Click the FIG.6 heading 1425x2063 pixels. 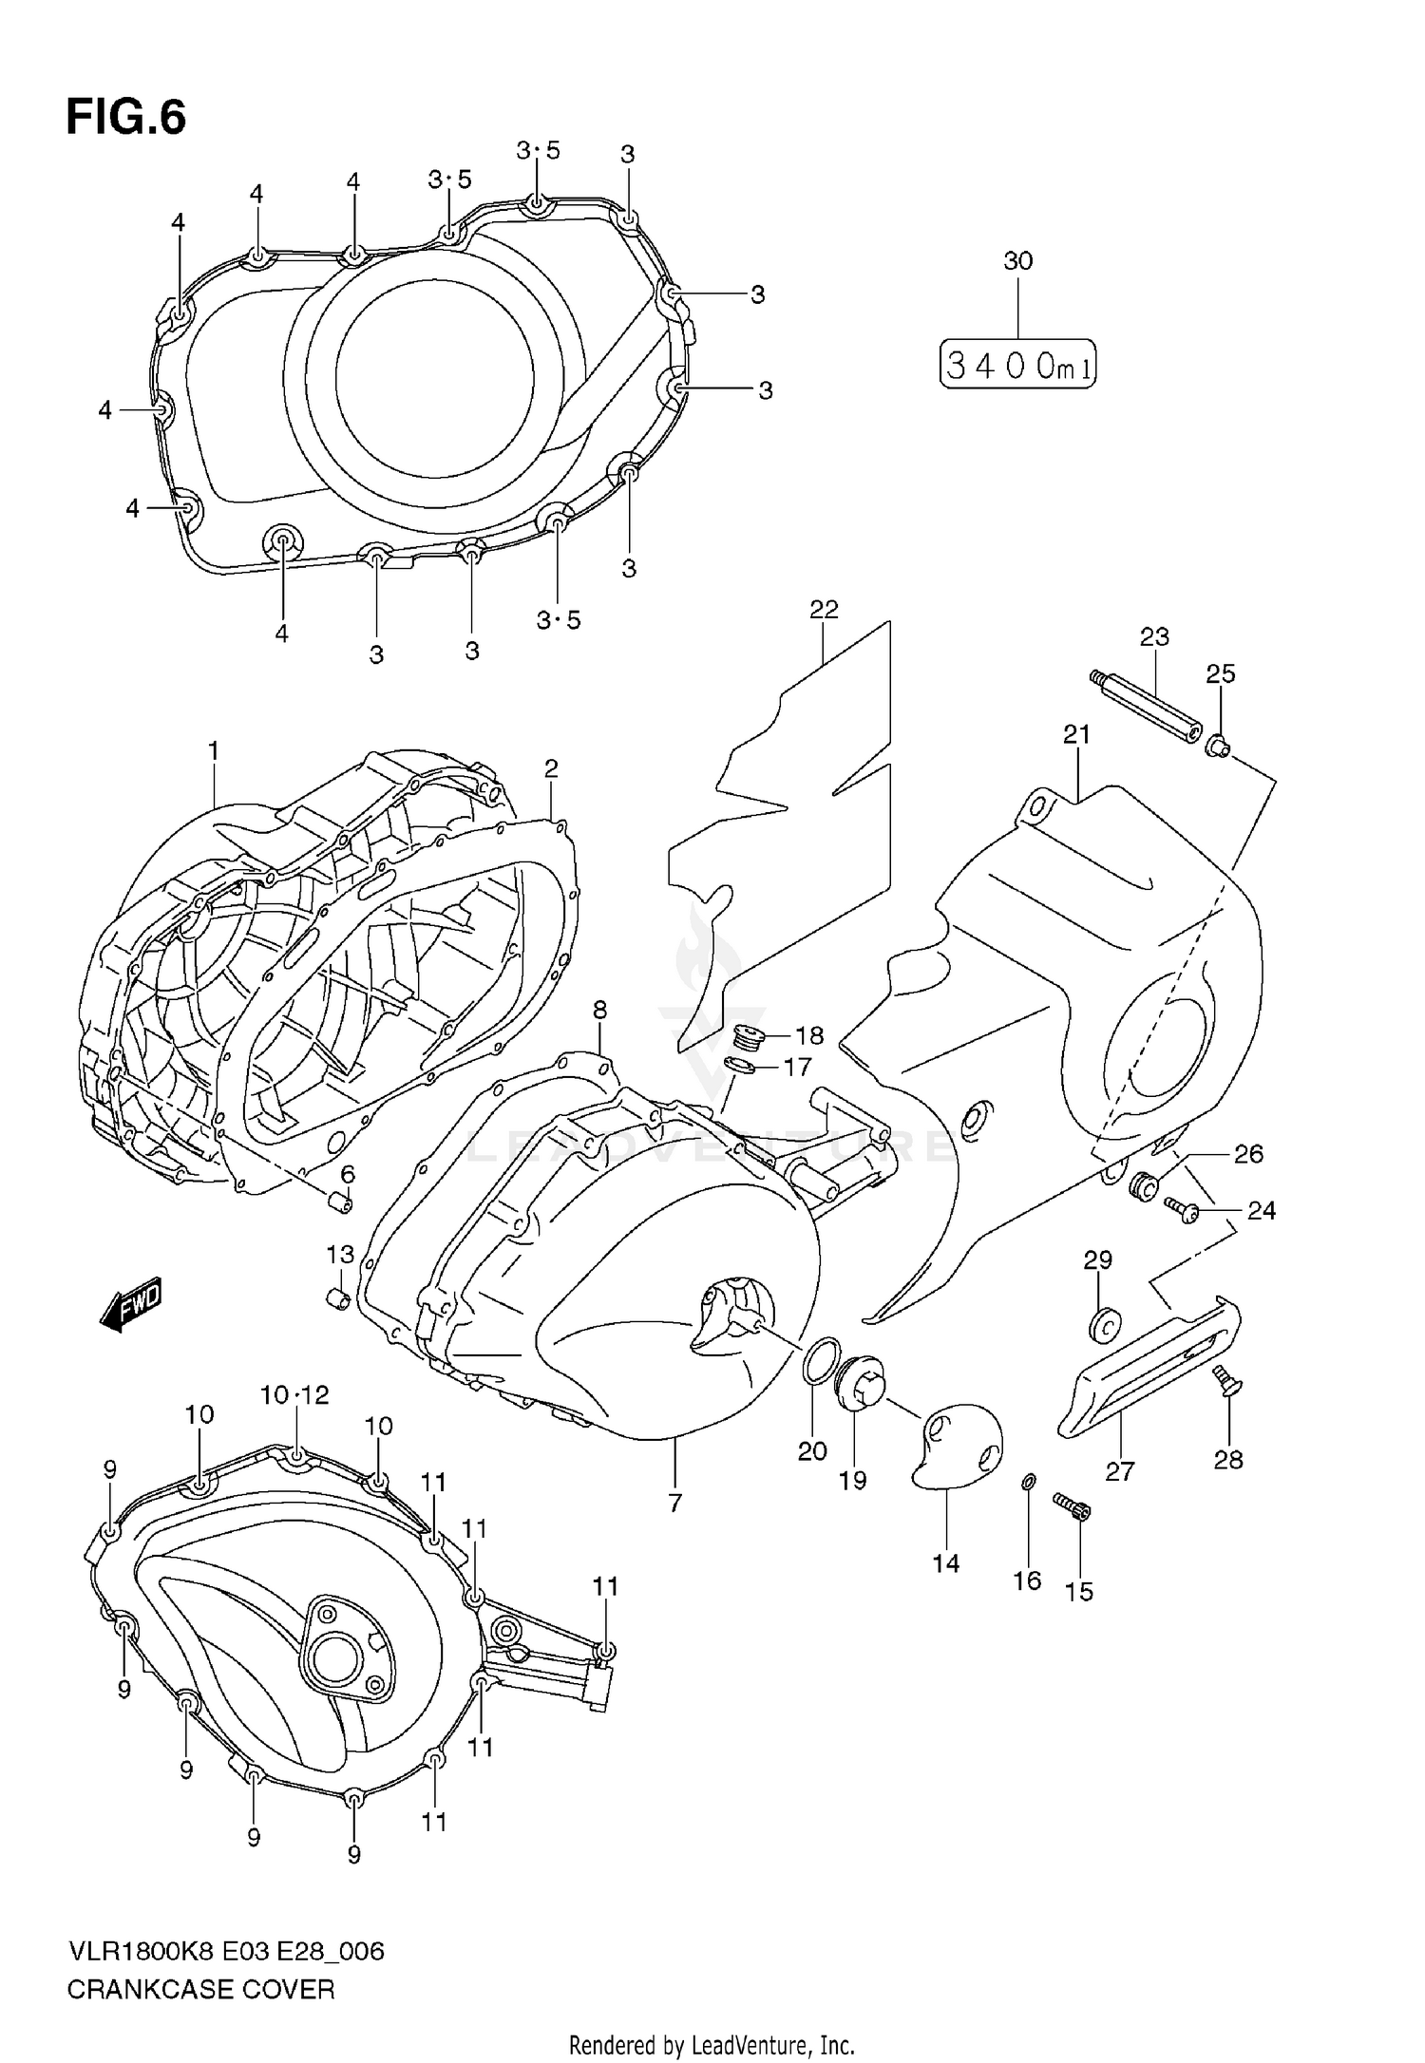click(x=125, y=119)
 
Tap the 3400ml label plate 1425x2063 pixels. click(x=1017, y=364)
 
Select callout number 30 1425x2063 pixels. click(x=1017, y=260)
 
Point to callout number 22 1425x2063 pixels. click(x=824, y=610)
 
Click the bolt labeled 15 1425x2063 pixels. click(x=1073, y=1506)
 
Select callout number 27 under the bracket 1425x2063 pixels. click(x=1120, y=1472)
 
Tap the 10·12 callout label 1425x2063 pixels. click(x=295, y=1394)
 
